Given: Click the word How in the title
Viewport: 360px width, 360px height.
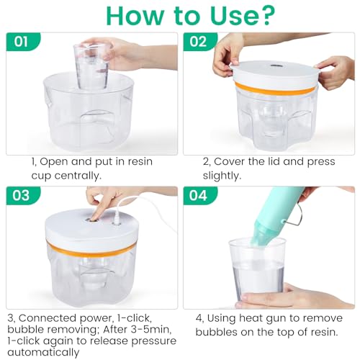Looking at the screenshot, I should pyautogui.click(x=128, y=15).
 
